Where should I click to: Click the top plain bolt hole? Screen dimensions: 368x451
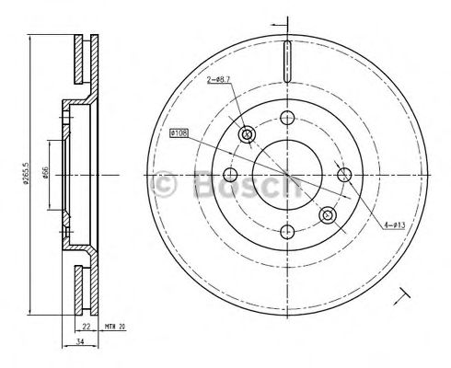coord(287,118)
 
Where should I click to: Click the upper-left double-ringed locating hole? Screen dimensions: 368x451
coord(247,134)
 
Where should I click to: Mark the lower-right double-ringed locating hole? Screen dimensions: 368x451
coord(327,214)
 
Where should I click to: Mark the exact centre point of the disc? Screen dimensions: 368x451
coord(287,174)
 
